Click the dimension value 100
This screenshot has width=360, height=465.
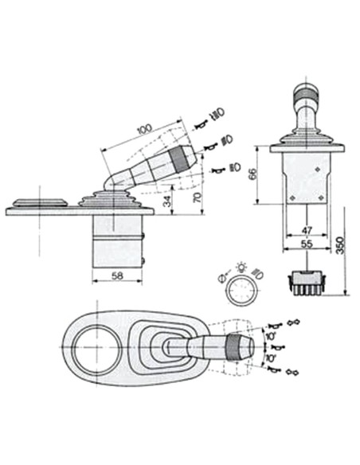(x=144, y=128)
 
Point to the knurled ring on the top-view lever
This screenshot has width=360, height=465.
(x=235, y=348)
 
